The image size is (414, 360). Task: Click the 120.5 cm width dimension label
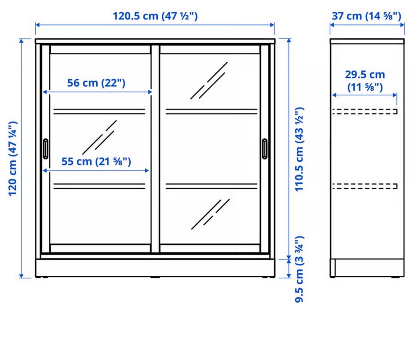(x=155, y=16)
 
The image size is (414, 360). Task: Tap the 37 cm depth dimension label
(x=367, y=16)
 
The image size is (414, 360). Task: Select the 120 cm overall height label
(x=13, y=158)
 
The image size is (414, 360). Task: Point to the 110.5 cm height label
(x=299, y=149)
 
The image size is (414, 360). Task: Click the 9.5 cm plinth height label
(x=299, y=269)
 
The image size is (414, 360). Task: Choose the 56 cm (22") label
(x=96, y=83)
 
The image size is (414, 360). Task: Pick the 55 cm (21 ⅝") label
(x=96, y=161)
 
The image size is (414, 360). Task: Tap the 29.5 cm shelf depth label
(x=365, y=81)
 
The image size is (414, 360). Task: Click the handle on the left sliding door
(x=46, y=149)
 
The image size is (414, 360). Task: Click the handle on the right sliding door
(x=264, y=149)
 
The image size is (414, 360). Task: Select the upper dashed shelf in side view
(x=365, y=111)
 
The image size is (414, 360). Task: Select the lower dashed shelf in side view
(x=365, y=186)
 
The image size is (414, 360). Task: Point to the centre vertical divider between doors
(x=156, y=149)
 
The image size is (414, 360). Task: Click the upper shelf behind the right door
(x=211, y=111)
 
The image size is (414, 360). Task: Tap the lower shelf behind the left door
(x=99, y=186)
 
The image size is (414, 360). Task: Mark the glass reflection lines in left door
(x=100, y=137)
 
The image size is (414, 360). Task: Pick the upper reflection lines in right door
(x=209, y=81)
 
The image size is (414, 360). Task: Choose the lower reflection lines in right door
(x=210, y=214)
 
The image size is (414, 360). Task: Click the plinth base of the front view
(x=155, y=268)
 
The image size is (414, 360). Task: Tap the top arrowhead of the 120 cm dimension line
(x=22, y=41)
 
